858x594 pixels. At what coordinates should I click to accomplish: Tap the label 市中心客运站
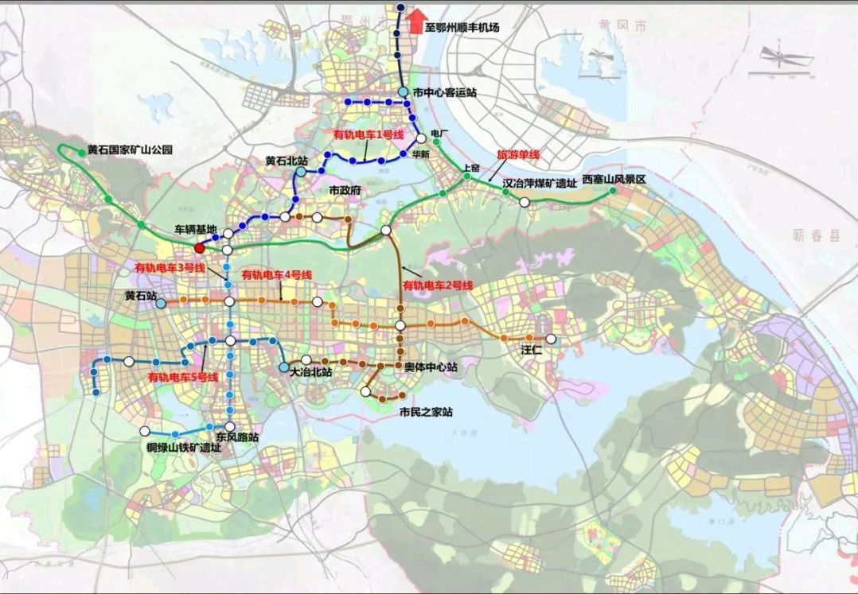(444, 93)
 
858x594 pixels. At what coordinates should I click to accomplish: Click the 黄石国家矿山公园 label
(130, 149)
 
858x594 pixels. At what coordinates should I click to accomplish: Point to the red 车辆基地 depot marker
(200, 247)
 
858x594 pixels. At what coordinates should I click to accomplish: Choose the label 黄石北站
(287, 161)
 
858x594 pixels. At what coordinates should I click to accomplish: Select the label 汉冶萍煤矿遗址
(539, 184)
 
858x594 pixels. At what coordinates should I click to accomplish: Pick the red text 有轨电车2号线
(438, 285)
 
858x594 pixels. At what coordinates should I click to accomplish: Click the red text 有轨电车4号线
(276, 274)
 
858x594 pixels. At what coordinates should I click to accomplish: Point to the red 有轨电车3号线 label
(170, 267)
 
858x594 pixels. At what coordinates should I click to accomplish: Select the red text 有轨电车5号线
(183, 377)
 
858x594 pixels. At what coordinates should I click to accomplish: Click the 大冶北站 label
(311, 371)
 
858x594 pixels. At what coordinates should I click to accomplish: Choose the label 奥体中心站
(430, 367)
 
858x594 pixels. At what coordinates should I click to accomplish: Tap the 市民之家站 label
(426, 413)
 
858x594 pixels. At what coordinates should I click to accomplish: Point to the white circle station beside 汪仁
(551, 340)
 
